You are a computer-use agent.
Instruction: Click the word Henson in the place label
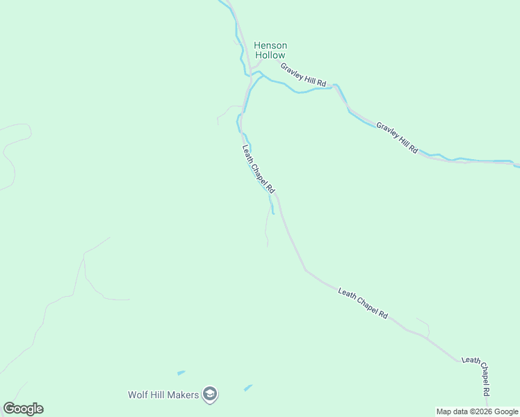coord(270,46)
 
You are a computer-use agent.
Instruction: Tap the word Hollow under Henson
coord(270,55)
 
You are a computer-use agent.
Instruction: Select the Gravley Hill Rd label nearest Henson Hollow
coord(303,75)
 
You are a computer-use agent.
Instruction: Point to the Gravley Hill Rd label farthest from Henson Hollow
coord(397,138)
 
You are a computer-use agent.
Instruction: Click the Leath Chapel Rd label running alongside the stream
coord(259,169)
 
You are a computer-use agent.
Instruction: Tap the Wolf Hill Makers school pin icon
coord(210,395)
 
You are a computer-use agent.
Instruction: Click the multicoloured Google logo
coord(23,409)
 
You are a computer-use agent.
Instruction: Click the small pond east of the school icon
coord(248,387)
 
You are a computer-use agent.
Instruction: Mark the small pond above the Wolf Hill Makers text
coord(181,373)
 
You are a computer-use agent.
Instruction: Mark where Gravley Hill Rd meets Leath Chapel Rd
coord(250,71)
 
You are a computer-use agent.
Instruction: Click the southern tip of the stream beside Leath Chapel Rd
coord(273,213)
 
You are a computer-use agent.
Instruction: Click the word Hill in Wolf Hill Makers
coord(158,395)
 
